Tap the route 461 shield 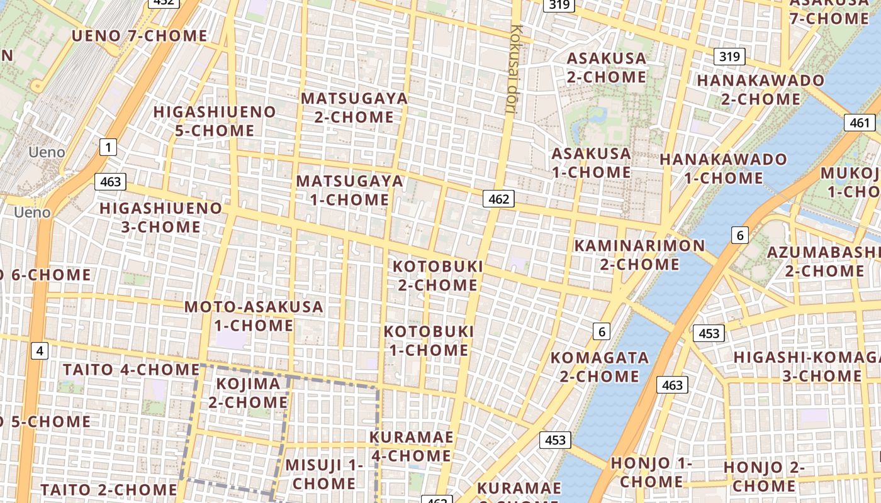pos(859,123)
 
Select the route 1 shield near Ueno pos(108,148)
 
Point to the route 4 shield pos(40,351)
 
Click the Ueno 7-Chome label pos(139,36)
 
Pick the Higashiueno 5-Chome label pos(215,121)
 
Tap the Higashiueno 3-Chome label pos(160,218)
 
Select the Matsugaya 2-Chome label pos(354,108)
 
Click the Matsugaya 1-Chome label pos(350,191)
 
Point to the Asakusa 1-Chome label pos(591,163)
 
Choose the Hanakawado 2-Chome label pos(760,90)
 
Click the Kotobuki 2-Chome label pos(438,275)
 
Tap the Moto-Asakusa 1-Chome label pos(254,316)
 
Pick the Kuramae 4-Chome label pos(410,446)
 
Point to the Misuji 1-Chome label pos(324,474)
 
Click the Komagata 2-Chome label pos(599,367)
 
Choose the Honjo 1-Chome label pos(651,472)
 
